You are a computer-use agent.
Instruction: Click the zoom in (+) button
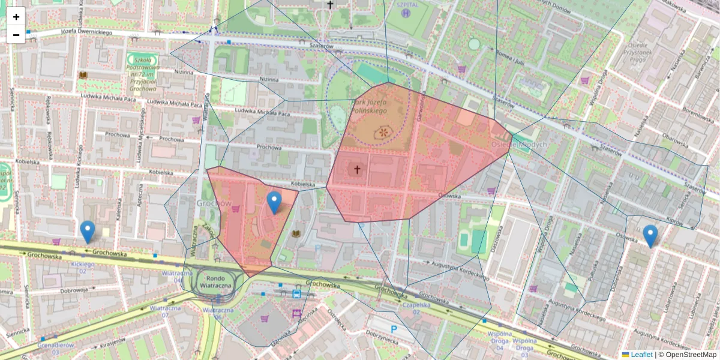16,17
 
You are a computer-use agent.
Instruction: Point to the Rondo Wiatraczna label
215,281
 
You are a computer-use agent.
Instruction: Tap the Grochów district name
214,203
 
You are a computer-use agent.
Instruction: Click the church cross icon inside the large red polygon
357,170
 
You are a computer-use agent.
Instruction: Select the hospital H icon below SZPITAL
407,13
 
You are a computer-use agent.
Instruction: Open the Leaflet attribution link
641,355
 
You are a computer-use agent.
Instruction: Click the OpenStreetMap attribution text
691,355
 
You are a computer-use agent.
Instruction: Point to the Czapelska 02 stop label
416,308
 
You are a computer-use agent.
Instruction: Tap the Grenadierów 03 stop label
56,349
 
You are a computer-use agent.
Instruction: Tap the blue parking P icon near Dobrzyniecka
394,329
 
